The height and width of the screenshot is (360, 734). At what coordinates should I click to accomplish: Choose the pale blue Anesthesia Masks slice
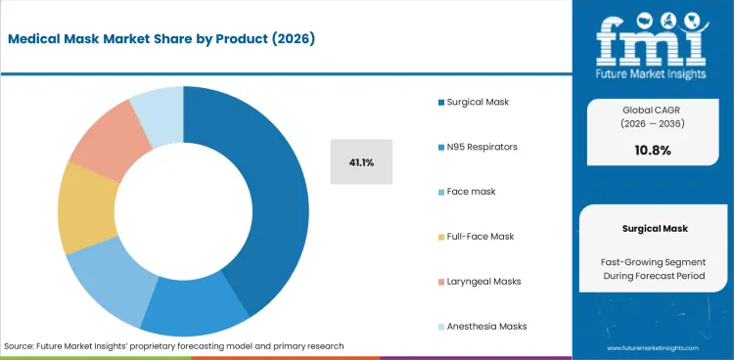158,108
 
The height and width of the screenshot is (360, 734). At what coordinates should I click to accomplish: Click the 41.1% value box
361,161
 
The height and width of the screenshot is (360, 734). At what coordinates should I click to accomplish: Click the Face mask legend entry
472,191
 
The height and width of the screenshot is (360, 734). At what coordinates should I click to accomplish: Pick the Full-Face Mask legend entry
481,236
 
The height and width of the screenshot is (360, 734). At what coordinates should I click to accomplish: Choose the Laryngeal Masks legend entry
483,281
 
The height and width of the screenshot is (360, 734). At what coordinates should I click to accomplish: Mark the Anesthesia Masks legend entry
486,326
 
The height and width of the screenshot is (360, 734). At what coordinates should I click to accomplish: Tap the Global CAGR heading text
651,110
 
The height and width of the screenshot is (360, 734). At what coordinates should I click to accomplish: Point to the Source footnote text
173,346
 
